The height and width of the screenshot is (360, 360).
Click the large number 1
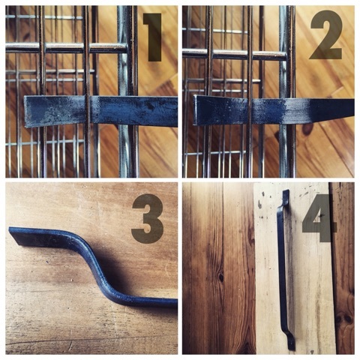pyautogui.click(x=153, y=37)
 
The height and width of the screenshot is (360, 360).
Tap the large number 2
pyautogui.click(x=325, y=35)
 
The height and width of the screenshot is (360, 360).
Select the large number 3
pyautogui.click(x=148, y=218)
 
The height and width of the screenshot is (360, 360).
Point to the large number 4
pyautogui.click(x=318, y=218)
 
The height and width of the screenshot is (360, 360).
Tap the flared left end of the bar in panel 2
pyautogui.click(x=197, y=110)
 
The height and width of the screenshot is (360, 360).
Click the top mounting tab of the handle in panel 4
pyautogui.click(x=286, y=197)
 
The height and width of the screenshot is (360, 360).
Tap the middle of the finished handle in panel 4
pyautogui.click(x=282, y=270)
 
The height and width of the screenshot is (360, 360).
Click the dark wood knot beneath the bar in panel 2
pyautogui.click(x=307, y=129)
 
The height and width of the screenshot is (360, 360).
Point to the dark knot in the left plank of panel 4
pyautogui.click(x=220, y=277)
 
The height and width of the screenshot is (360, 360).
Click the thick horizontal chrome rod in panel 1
pyautogui.click(x=66, y=48)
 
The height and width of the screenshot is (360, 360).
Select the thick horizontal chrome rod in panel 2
pyautogui.click(x=234, y=54)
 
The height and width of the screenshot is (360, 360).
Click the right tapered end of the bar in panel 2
pyautogui.click(x=350, y=107)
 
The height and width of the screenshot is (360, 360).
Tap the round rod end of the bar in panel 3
pyautogui.click(x=174, y=303)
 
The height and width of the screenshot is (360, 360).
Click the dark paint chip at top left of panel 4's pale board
pyautogui.click(x=259, y=204)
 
